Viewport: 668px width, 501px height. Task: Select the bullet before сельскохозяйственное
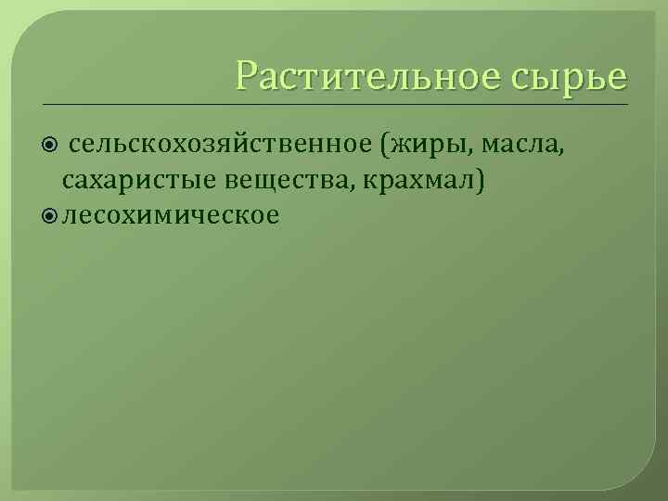(52, 146)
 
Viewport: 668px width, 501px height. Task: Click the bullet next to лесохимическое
(52, 215)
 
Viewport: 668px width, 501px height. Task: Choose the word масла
(519, 146)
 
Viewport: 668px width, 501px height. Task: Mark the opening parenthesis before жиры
(382, 146)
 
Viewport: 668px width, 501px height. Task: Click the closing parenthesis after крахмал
(479, 180)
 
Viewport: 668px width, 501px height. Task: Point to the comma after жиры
(471, 153)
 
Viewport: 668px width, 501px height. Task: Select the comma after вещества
(349, 186)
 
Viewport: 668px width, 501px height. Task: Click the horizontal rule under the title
(334, 104)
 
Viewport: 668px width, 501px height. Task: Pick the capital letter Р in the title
(246, 75)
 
